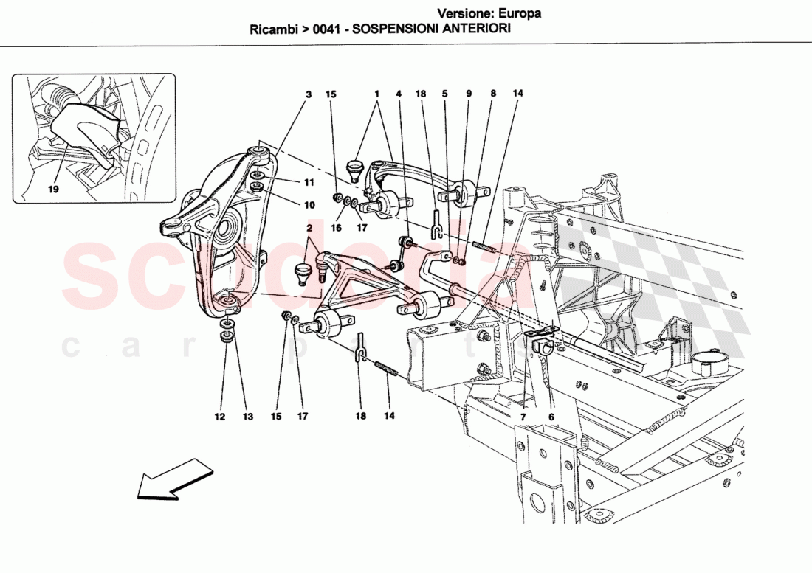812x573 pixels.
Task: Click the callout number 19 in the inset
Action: click(54, 189)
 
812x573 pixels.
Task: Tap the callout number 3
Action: click(309, 94)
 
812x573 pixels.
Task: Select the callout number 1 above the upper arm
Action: click(376, 94)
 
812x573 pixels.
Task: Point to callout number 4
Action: click(398, 94)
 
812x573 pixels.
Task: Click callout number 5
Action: click(445, 94)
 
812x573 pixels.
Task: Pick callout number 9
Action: click(468, 94)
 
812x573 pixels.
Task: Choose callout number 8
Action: click(492, 94)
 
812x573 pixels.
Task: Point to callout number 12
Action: click(219, 417)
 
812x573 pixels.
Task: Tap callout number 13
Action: click(247, 417)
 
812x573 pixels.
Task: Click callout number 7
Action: click(523, 417)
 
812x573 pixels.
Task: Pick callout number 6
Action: click(551, 417)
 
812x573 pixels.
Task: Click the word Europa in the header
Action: click(521, 13)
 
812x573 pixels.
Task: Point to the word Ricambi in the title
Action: click(273, 30)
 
